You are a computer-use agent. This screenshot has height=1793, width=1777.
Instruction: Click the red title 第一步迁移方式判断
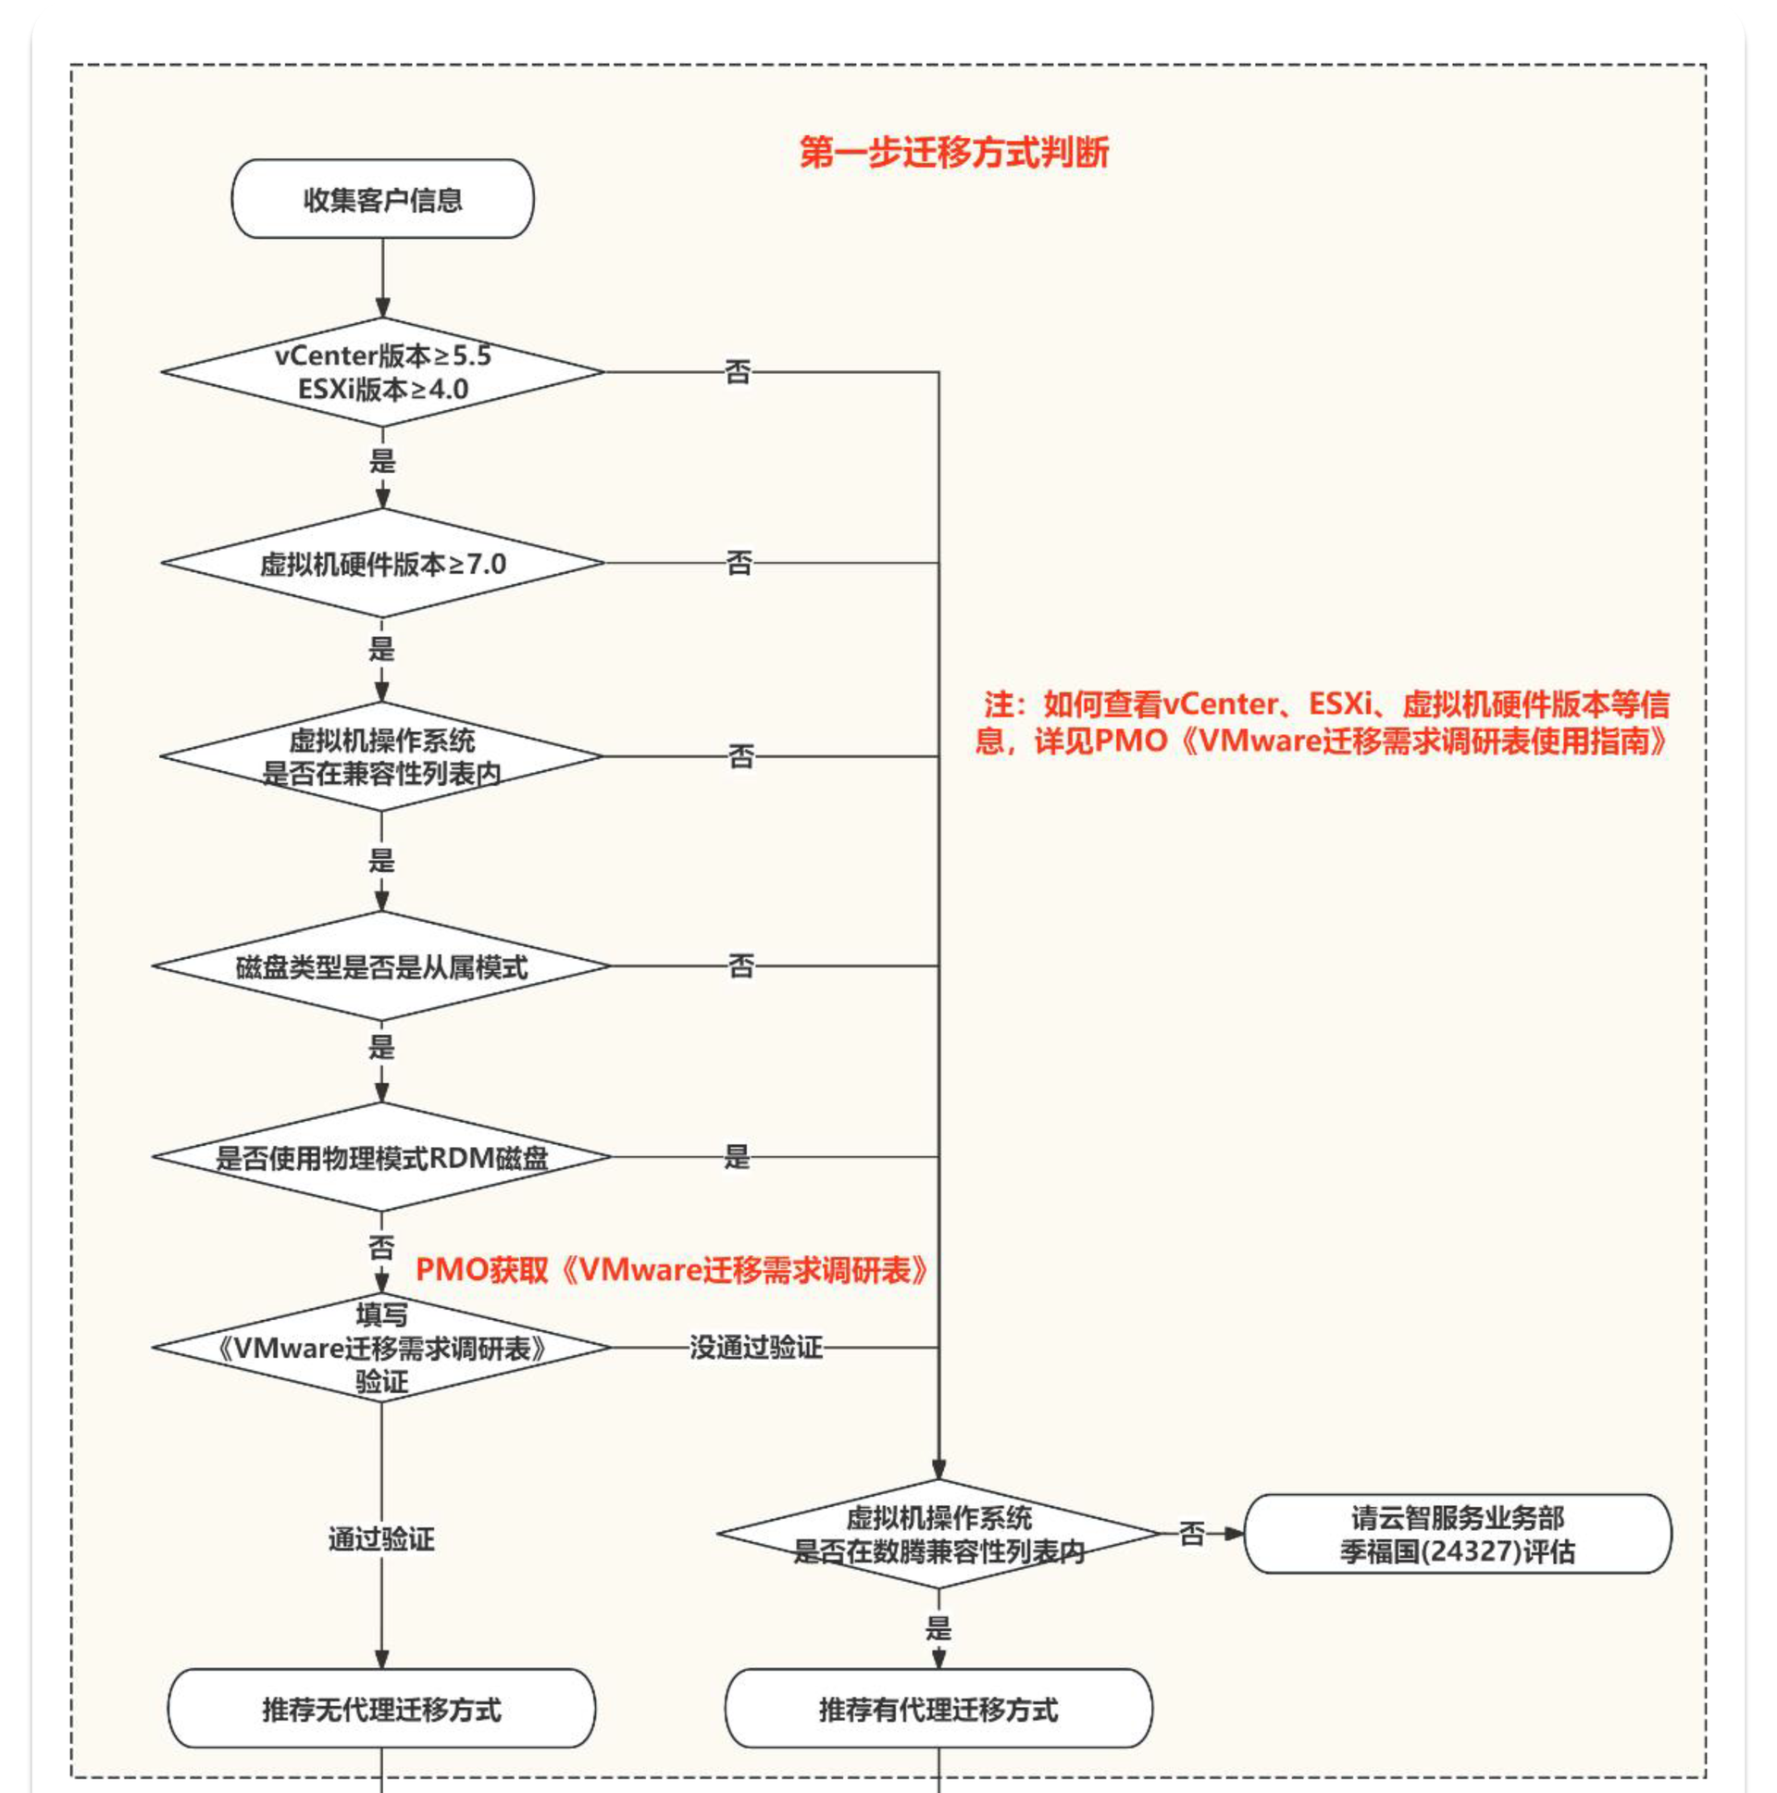tap(953, 152)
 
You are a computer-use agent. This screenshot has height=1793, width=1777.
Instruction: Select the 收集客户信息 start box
tap(382, 200)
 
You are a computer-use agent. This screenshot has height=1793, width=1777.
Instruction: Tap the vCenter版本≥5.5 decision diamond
tap(382, 372)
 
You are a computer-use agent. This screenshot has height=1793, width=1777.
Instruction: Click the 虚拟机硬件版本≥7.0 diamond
tap(382, 564)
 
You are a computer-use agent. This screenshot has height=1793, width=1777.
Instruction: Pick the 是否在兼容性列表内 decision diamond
tap(381, 756)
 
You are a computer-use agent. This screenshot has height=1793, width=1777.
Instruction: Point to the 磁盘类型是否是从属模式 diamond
tap(381, 967)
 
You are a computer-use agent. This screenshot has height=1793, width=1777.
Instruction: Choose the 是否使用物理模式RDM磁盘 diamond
tap(381, 1157)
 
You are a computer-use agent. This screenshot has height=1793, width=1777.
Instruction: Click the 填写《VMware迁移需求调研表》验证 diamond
tap(381, 1348)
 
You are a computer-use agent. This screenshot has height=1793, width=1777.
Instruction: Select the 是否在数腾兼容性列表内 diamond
tap(938, 1534)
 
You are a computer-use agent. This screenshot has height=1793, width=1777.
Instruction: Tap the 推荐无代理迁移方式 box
tap(381, 1709)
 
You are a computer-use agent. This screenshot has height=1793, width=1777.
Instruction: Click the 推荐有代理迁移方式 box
tap(938, 1709)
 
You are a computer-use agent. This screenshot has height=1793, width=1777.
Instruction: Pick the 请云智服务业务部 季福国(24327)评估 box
tap(1457, 1534)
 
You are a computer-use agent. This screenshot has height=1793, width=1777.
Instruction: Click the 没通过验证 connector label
tap(755, 1348)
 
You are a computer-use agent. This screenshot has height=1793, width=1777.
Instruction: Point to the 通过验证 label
tap(381, 1539)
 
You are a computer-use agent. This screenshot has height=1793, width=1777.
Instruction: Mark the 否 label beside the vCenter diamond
tap(738, 373)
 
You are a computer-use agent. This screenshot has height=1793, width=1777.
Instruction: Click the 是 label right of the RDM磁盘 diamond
tap(737, 1157)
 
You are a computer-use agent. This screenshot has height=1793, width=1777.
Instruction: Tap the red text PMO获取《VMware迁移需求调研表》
tap(672, 1270)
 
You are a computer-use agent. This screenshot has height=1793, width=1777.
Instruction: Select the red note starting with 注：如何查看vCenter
tap(1323, 722)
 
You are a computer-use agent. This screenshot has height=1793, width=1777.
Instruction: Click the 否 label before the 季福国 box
tap(1191, 1534)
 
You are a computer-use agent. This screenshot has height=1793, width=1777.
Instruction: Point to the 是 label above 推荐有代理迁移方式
tap(938, 1628)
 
